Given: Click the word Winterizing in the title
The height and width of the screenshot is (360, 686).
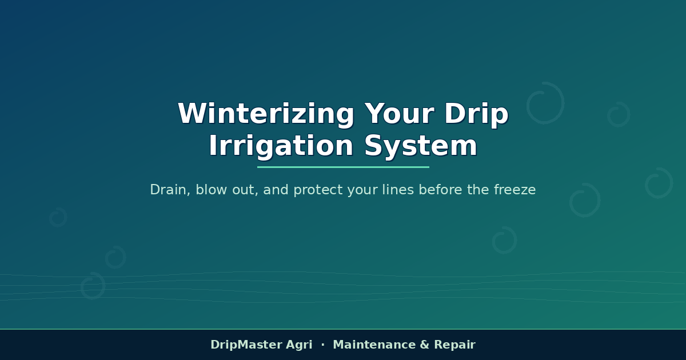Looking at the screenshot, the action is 266,114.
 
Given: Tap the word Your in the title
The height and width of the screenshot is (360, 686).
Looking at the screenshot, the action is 400,114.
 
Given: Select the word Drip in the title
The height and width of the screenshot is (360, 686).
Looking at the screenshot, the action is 477,114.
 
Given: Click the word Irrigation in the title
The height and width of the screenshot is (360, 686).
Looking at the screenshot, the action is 281,146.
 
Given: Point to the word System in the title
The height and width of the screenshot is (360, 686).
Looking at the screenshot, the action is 421,146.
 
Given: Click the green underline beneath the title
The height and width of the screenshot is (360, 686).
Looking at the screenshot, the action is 343,167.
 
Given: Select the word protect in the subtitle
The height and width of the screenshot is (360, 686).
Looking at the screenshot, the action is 318,190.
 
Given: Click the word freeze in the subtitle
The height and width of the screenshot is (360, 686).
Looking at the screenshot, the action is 515,190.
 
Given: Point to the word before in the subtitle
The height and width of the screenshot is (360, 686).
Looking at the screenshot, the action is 441,190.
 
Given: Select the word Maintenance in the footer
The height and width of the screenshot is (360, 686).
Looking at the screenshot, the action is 374,345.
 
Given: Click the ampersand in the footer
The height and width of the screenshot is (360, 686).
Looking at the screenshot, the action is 425,345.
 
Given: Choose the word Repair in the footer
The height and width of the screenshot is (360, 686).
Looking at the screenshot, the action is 455,345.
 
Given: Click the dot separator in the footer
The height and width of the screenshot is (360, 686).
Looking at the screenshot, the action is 323,345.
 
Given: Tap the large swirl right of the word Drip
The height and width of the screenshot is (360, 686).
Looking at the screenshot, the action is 564,103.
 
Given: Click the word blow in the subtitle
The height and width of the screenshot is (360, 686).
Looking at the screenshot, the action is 212,190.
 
